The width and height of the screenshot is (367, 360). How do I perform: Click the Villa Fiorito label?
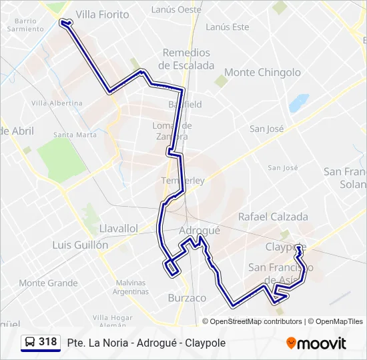103,14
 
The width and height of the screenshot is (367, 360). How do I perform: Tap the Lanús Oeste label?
176,10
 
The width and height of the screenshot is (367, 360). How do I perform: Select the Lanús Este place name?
228,27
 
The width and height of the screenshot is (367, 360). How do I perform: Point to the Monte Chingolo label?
262,72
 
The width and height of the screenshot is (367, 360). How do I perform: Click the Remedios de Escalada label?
186,59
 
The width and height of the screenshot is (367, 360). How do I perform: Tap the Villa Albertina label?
57,103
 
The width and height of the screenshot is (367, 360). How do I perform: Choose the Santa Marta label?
75,135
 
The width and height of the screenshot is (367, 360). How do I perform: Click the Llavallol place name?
118,228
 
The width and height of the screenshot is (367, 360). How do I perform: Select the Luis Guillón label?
80,245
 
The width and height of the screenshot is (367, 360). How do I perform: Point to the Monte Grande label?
48,283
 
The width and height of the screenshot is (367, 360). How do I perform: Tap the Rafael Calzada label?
273,217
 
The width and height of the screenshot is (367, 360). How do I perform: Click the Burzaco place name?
187,298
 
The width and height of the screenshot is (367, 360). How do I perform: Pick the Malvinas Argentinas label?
130,287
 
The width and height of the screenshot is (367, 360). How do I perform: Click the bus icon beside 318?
30,342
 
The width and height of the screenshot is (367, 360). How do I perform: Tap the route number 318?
47,342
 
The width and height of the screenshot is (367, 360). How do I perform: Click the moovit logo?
316,343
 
